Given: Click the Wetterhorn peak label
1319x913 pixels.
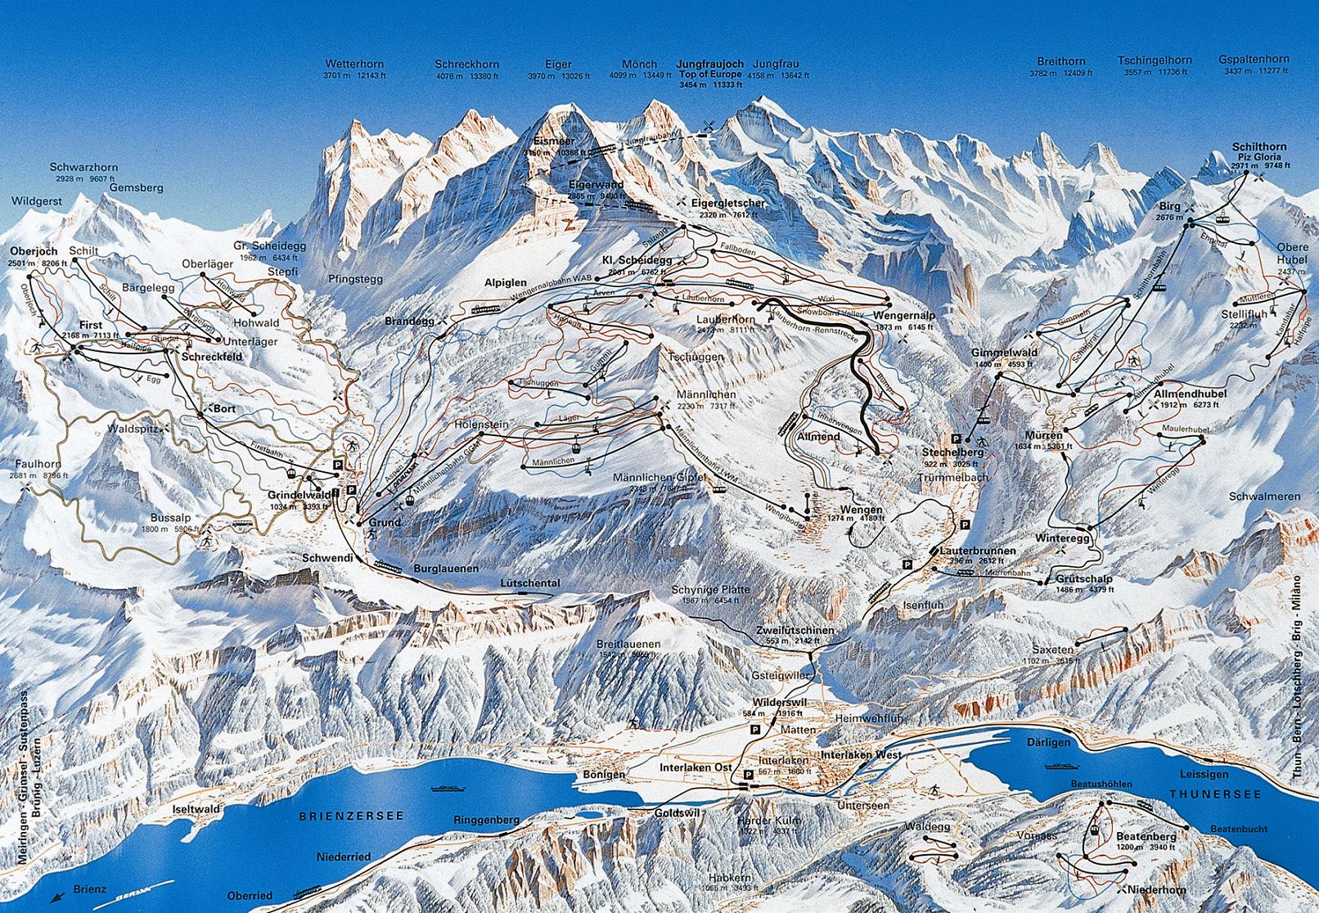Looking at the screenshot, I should click(x=354, y=63).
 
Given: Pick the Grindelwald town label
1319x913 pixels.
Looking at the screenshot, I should click(x=298, y=495).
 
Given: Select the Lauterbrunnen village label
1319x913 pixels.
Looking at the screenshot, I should click(x=978, y=551).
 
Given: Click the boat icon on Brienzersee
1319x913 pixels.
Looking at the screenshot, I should click(x=448, y=789).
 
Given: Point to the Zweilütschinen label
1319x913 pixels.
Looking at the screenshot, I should click(x=795, y=630).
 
